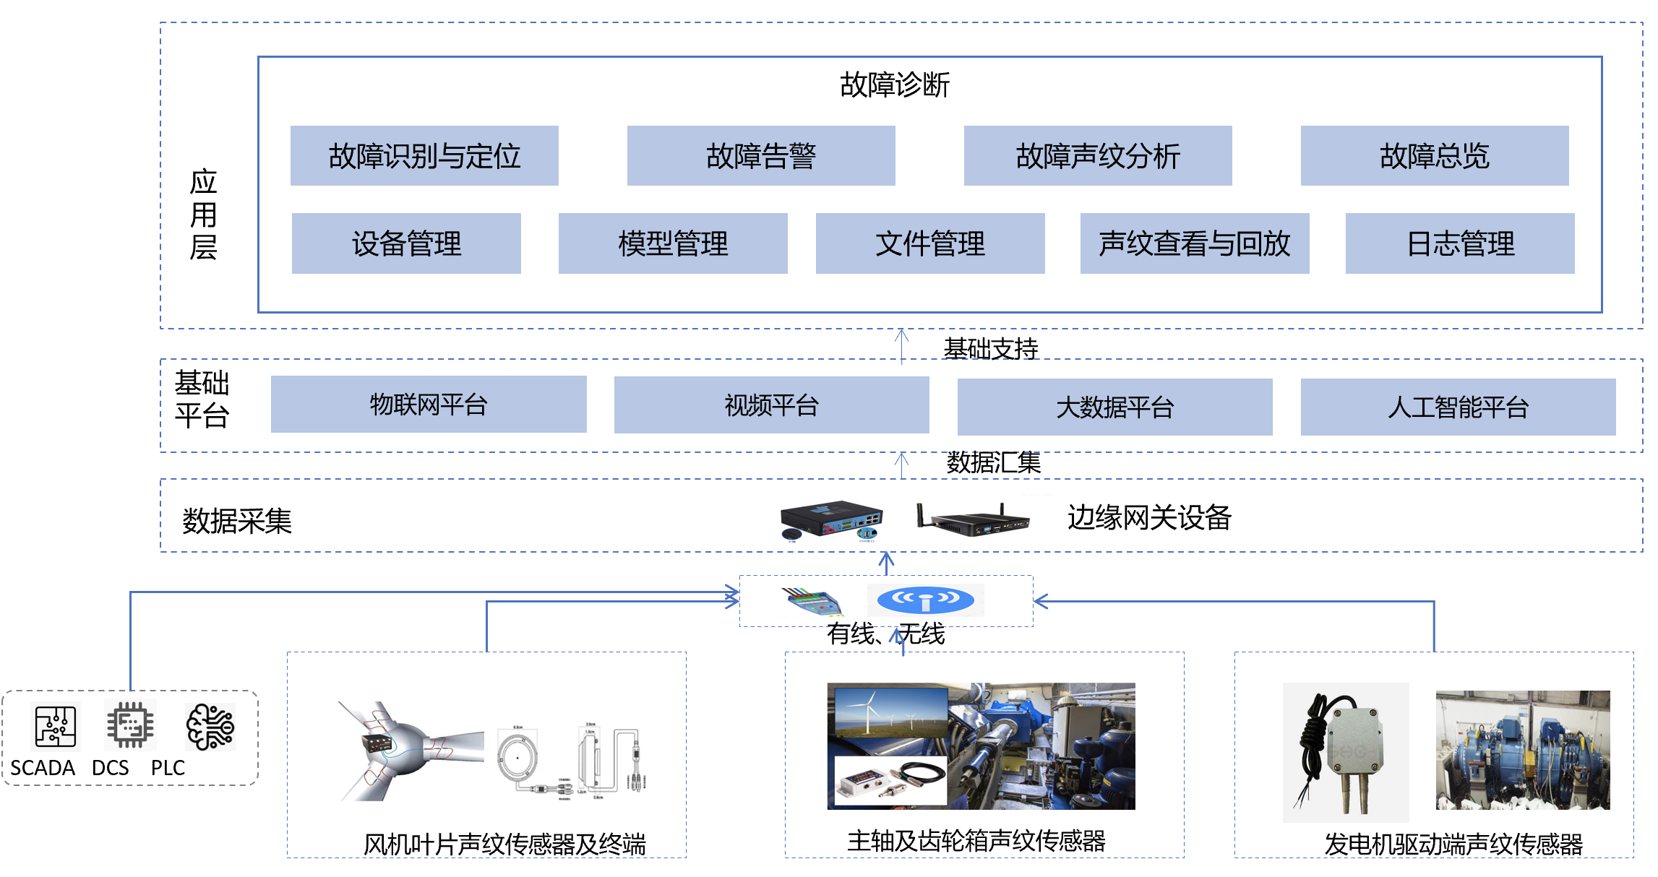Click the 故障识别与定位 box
coord(424,156)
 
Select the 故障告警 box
coord(761,156)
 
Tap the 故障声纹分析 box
coord(1098,156)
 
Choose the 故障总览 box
coord(1435,156)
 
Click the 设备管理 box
coord(406,243)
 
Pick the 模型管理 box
coord(673,243)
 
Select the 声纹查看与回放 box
coord(1195,243)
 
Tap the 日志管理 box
coord(1460,243)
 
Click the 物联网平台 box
coord(429,405)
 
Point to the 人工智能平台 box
coord(1459,407)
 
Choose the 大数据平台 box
coord(1115,407)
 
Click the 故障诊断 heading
coord(895,85)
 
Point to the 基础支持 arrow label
coord(991,349)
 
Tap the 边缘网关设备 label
coord(1149,517)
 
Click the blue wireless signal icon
coord(925,600)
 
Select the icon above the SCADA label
coord(56,727)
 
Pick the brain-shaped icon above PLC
coord(210,727)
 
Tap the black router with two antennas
coord(973,519)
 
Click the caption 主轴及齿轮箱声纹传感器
coord(976,841)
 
